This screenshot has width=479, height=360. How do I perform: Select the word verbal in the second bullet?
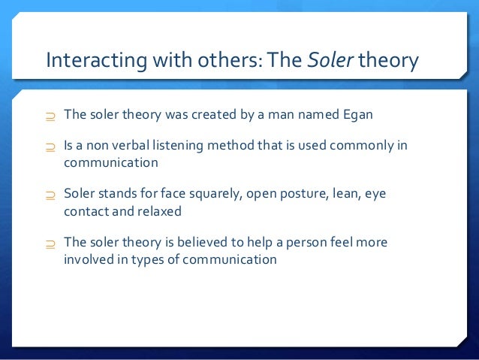click(x=137, y=145)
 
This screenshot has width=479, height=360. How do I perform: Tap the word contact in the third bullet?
click(x=85, y=210)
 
